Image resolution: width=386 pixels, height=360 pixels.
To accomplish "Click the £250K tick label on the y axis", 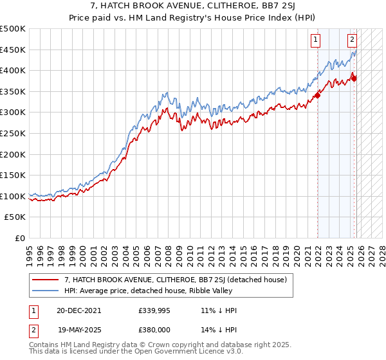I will point(13,133).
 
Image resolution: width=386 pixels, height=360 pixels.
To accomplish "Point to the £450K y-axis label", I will point(13,50).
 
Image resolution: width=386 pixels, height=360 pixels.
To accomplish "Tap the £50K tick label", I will point(15,217).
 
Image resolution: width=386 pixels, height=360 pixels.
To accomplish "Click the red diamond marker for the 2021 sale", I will point(318,96).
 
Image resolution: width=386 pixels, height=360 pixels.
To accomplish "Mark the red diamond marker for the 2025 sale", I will point(354,78).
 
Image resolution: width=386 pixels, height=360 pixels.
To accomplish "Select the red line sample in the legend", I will point(46,280).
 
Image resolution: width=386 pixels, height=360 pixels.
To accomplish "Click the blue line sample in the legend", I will point(46,291).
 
